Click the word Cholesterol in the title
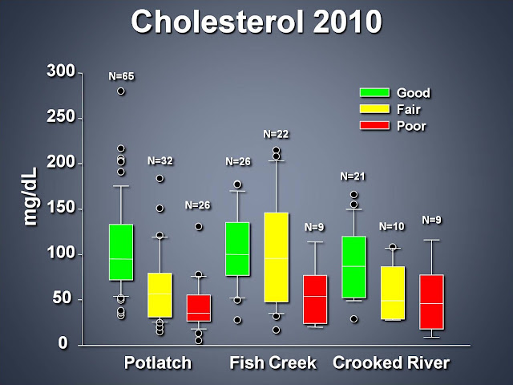219,22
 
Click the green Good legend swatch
374,92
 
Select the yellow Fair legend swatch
374,109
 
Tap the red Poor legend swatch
374,125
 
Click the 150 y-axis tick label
61,208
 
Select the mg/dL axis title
30,197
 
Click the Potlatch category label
158,363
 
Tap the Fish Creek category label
273,363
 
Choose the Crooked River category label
391,363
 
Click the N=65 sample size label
121,76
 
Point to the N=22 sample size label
276,134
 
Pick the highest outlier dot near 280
121,91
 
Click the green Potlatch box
121,252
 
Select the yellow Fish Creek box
277,257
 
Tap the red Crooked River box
431,302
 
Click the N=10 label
392,226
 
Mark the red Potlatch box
199,308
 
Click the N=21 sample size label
353,176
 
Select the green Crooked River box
354,267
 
